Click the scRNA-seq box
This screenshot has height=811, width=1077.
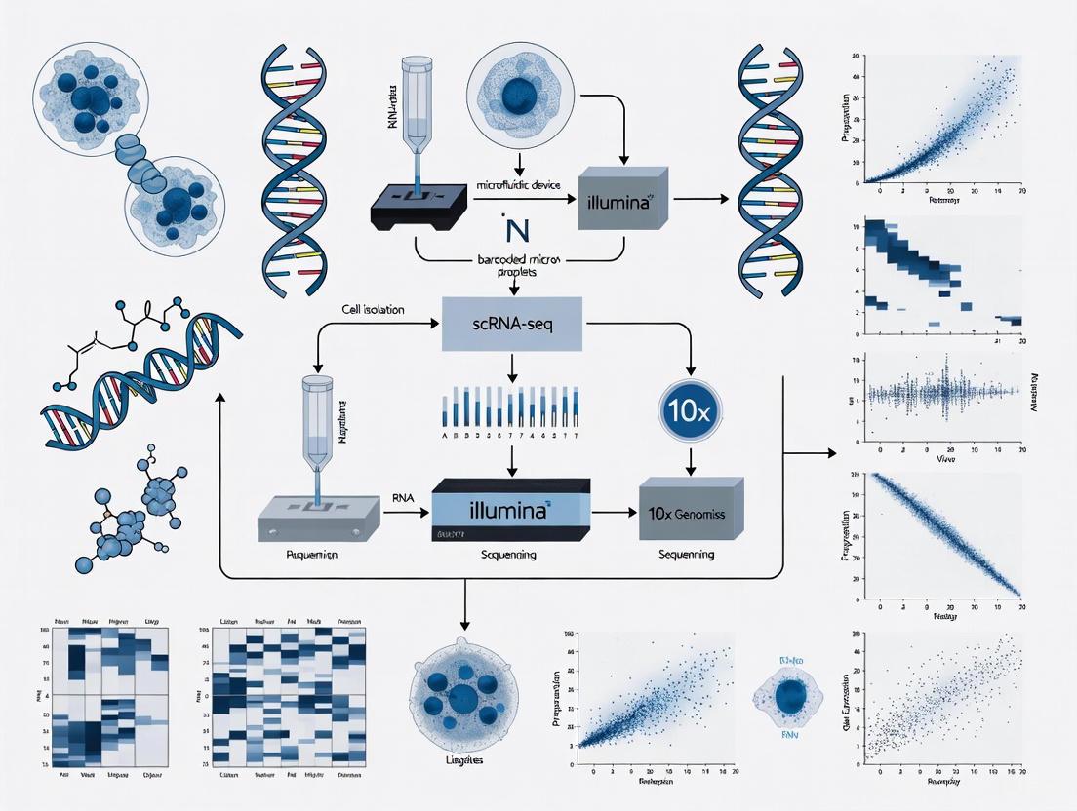[x=512, y=325]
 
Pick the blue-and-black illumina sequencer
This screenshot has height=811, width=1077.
[x=510, y=511]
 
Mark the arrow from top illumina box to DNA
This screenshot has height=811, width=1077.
[x=700, y=200]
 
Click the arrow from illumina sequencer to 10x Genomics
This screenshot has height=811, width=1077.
[x=613, y=510]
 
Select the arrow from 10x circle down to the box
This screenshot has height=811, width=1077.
[x=690, y=455]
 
